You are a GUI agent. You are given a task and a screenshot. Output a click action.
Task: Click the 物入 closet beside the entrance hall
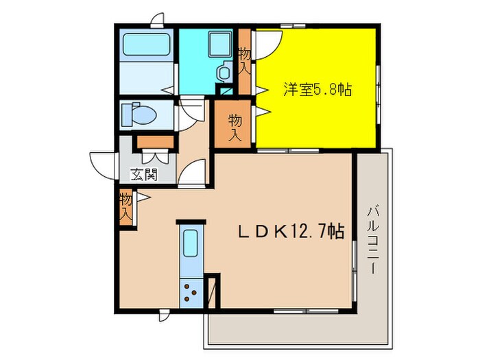pos(125,207)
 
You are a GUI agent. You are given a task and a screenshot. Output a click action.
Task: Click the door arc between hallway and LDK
pos(194,171)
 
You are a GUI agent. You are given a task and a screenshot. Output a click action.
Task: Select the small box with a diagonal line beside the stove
pos(213,291)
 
